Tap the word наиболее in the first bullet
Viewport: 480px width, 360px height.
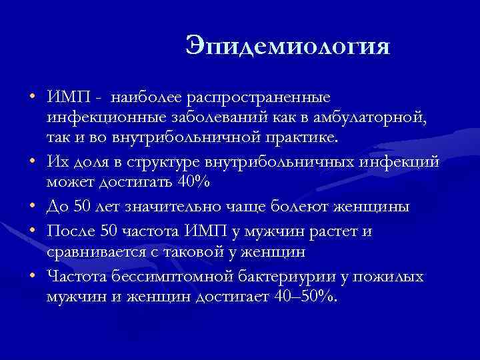pyautogui.click(x=145, y=97)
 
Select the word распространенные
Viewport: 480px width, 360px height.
pyautogui.click(x=259, y=97)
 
